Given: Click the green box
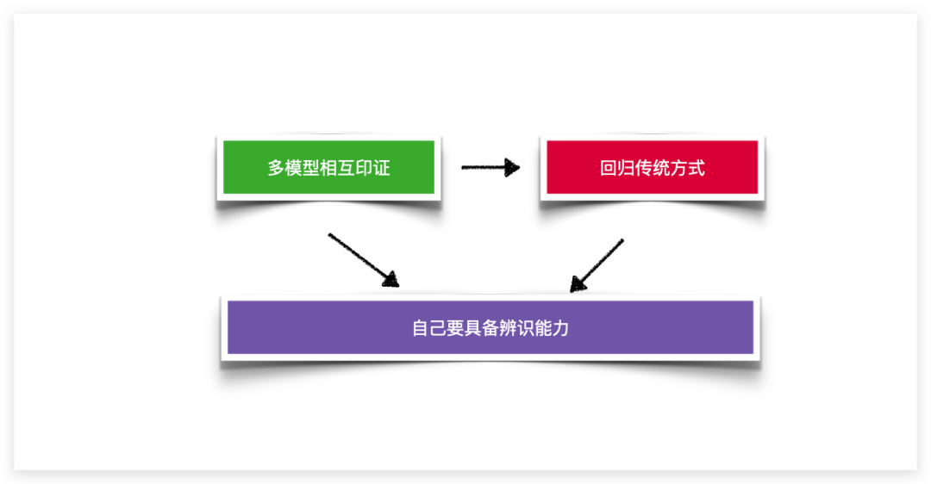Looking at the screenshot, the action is tap(328, 167).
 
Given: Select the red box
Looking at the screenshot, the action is tap(652, 167).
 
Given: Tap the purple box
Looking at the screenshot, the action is tap(490, 327).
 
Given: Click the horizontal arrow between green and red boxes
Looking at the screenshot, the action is tap(490, 167).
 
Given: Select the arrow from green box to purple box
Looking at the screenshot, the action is tap(364, 260).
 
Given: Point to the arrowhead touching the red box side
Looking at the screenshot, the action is tap(511, 167).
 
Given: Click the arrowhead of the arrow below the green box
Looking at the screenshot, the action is tap(391, 279).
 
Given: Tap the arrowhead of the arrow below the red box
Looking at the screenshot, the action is tap(577, 284).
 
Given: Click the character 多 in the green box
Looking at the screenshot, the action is tap(276, 168).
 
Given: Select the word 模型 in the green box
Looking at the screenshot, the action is tap(303, 168).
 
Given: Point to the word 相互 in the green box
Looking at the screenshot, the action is tap(337, 168).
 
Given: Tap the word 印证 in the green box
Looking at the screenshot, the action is tap(373, 168).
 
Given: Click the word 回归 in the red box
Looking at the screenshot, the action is tap(617, 168).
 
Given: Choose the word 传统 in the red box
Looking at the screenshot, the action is tap(652, 168).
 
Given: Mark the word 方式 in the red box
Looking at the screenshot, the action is tap(688, 168).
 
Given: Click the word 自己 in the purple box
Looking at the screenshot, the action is tap(428, 328).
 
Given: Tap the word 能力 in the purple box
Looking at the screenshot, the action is tap(553, 328).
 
